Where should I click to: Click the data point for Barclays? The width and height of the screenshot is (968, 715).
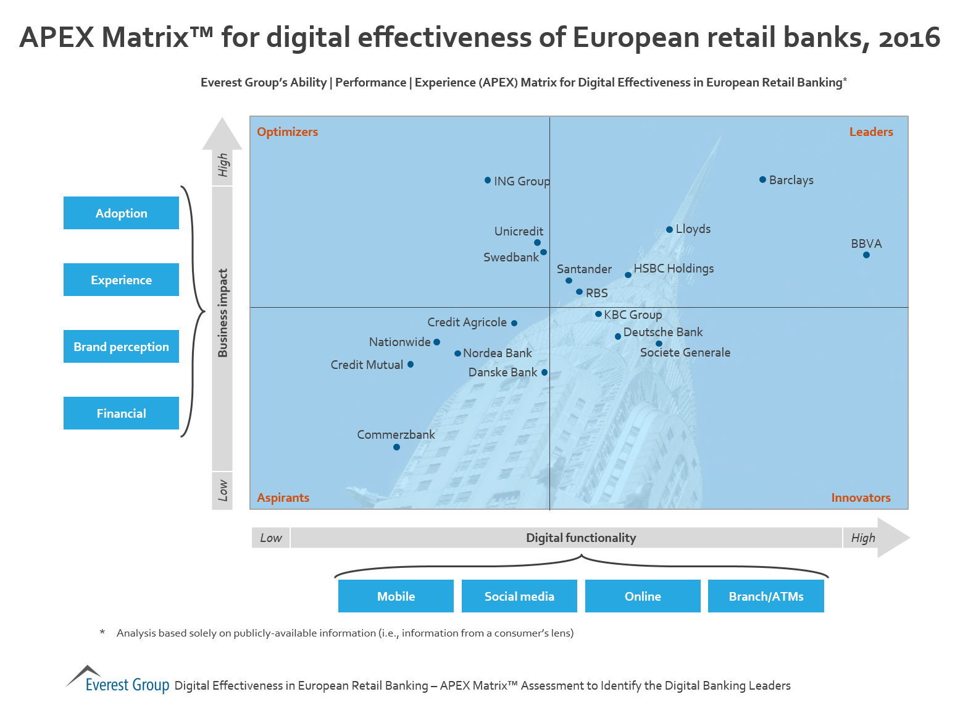pos(762,180)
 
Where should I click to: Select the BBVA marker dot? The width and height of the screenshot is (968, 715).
pos(866,255)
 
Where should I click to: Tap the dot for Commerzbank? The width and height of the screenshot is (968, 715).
pos(396,447)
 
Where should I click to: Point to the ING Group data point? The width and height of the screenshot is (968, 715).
pos(488,180)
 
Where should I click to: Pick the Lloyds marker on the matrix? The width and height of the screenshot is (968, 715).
pos(669,229)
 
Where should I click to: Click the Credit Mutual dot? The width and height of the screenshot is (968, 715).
pos(411,364)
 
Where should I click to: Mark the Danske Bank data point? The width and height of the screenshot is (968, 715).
pos(544,372)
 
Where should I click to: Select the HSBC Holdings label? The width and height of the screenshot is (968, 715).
pos(674,268)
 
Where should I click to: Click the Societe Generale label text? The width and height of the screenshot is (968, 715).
pos(685,352)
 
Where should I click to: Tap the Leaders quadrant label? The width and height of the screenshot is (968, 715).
pos(870,132)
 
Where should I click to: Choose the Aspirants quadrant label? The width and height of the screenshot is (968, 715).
pos(283,497)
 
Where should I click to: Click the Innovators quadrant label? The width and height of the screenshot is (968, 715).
pos(861,497)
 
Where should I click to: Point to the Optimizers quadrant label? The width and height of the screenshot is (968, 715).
pos(287,132)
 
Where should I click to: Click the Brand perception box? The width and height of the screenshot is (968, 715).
pos(121,346)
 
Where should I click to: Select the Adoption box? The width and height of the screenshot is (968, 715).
pos(121,213)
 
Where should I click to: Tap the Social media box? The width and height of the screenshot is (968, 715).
pos(519,596)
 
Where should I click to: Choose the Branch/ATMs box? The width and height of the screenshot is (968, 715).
pos(766,596)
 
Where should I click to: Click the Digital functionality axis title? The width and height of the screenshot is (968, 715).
pos(580,538)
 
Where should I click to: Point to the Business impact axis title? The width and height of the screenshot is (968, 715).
pos(223,313)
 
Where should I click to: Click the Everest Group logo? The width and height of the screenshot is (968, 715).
pos(117,679)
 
